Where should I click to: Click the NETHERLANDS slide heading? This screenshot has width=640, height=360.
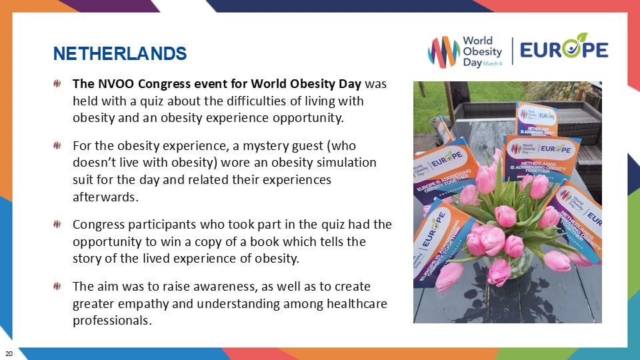(120, 53)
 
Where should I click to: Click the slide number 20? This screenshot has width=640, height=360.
(9, 352)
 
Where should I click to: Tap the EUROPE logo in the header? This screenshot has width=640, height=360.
(564, 49)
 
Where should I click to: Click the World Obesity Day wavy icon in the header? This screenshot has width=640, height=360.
(443, 51)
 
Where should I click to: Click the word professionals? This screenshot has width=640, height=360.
(113, 320)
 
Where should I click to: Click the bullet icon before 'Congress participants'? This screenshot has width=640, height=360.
(58, 225)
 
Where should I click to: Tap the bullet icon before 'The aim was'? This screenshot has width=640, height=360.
(58, 286)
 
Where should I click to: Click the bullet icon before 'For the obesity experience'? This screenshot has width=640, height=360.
(58, 145)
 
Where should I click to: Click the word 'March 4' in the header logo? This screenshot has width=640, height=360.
(494, 62)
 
